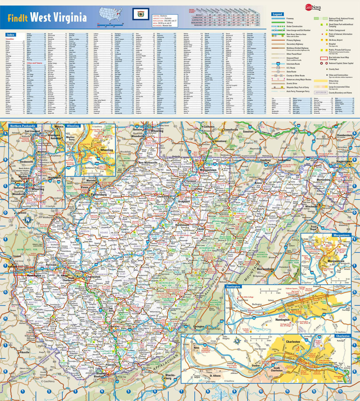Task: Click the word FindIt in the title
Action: click(x=18, y=18)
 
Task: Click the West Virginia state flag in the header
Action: click(x=138, y=14)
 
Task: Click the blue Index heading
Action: click(x=10, y=35)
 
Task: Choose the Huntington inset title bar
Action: click(x=234, y=286)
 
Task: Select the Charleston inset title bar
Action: click(x=342, y=336)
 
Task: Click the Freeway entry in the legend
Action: click(x=290, y=18)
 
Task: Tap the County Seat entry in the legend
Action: click(x=334, y=69)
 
